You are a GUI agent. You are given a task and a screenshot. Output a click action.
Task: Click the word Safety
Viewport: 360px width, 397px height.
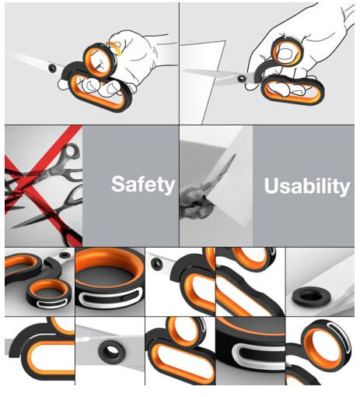(143, 184)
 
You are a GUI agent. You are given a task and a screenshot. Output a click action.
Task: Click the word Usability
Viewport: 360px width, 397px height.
(307, 186)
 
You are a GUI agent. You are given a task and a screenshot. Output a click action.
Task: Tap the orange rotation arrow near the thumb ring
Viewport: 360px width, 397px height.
(117, 48)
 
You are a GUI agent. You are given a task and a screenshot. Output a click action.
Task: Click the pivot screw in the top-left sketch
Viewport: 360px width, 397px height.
(52, 68)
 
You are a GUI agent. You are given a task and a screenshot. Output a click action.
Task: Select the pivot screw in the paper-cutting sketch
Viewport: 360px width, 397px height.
(242, 78)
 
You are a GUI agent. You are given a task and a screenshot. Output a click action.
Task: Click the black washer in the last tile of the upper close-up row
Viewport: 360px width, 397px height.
(311, 297)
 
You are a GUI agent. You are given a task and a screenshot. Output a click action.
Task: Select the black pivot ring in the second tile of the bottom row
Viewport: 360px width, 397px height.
(111, 352)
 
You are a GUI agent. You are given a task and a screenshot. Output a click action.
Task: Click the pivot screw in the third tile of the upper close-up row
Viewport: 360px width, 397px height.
(157, 264)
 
